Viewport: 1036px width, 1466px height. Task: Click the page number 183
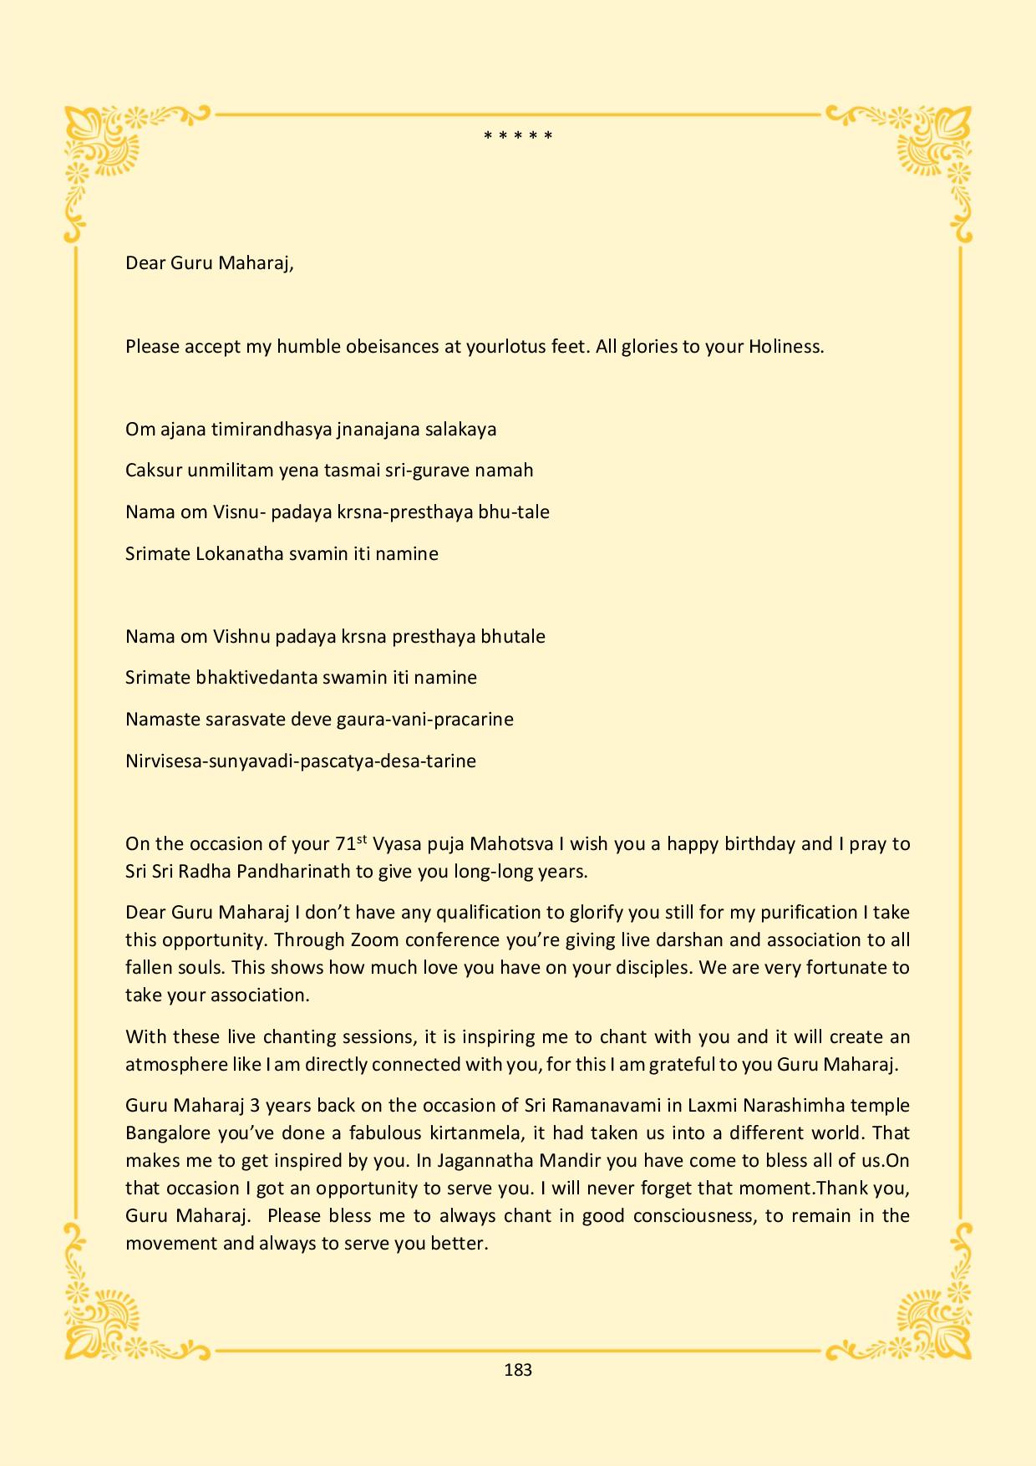tap(518, 1370)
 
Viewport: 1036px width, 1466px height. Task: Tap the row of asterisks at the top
tap(518, 135)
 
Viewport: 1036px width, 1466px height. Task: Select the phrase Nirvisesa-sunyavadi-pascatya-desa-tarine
tap(301, 761)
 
